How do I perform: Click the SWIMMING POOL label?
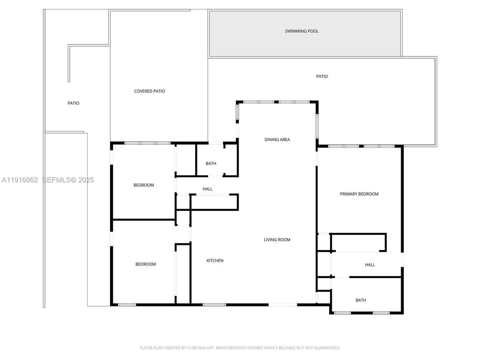point(302,31)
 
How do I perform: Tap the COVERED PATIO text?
point(150,91)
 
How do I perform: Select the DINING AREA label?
point(277,140)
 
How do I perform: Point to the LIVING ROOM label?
point(277,240)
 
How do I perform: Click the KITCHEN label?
point(215,261)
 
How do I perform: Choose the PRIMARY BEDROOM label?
point(359,194)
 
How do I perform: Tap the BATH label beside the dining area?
point(211,164)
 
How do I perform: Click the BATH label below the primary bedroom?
point(361,300)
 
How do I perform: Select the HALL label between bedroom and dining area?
point(207,189)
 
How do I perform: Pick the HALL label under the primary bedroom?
point(370,265)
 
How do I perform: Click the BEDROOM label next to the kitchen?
point(146,264)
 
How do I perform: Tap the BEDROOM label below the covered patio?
point(144,185)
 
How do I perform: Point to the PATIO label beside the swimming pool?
point(322,77)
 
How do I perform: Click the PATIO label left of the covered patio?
point(73,103)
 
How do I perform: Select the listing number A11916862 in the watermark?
point(20,180)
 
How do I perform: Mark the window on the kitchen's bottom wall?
point(214,305)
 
